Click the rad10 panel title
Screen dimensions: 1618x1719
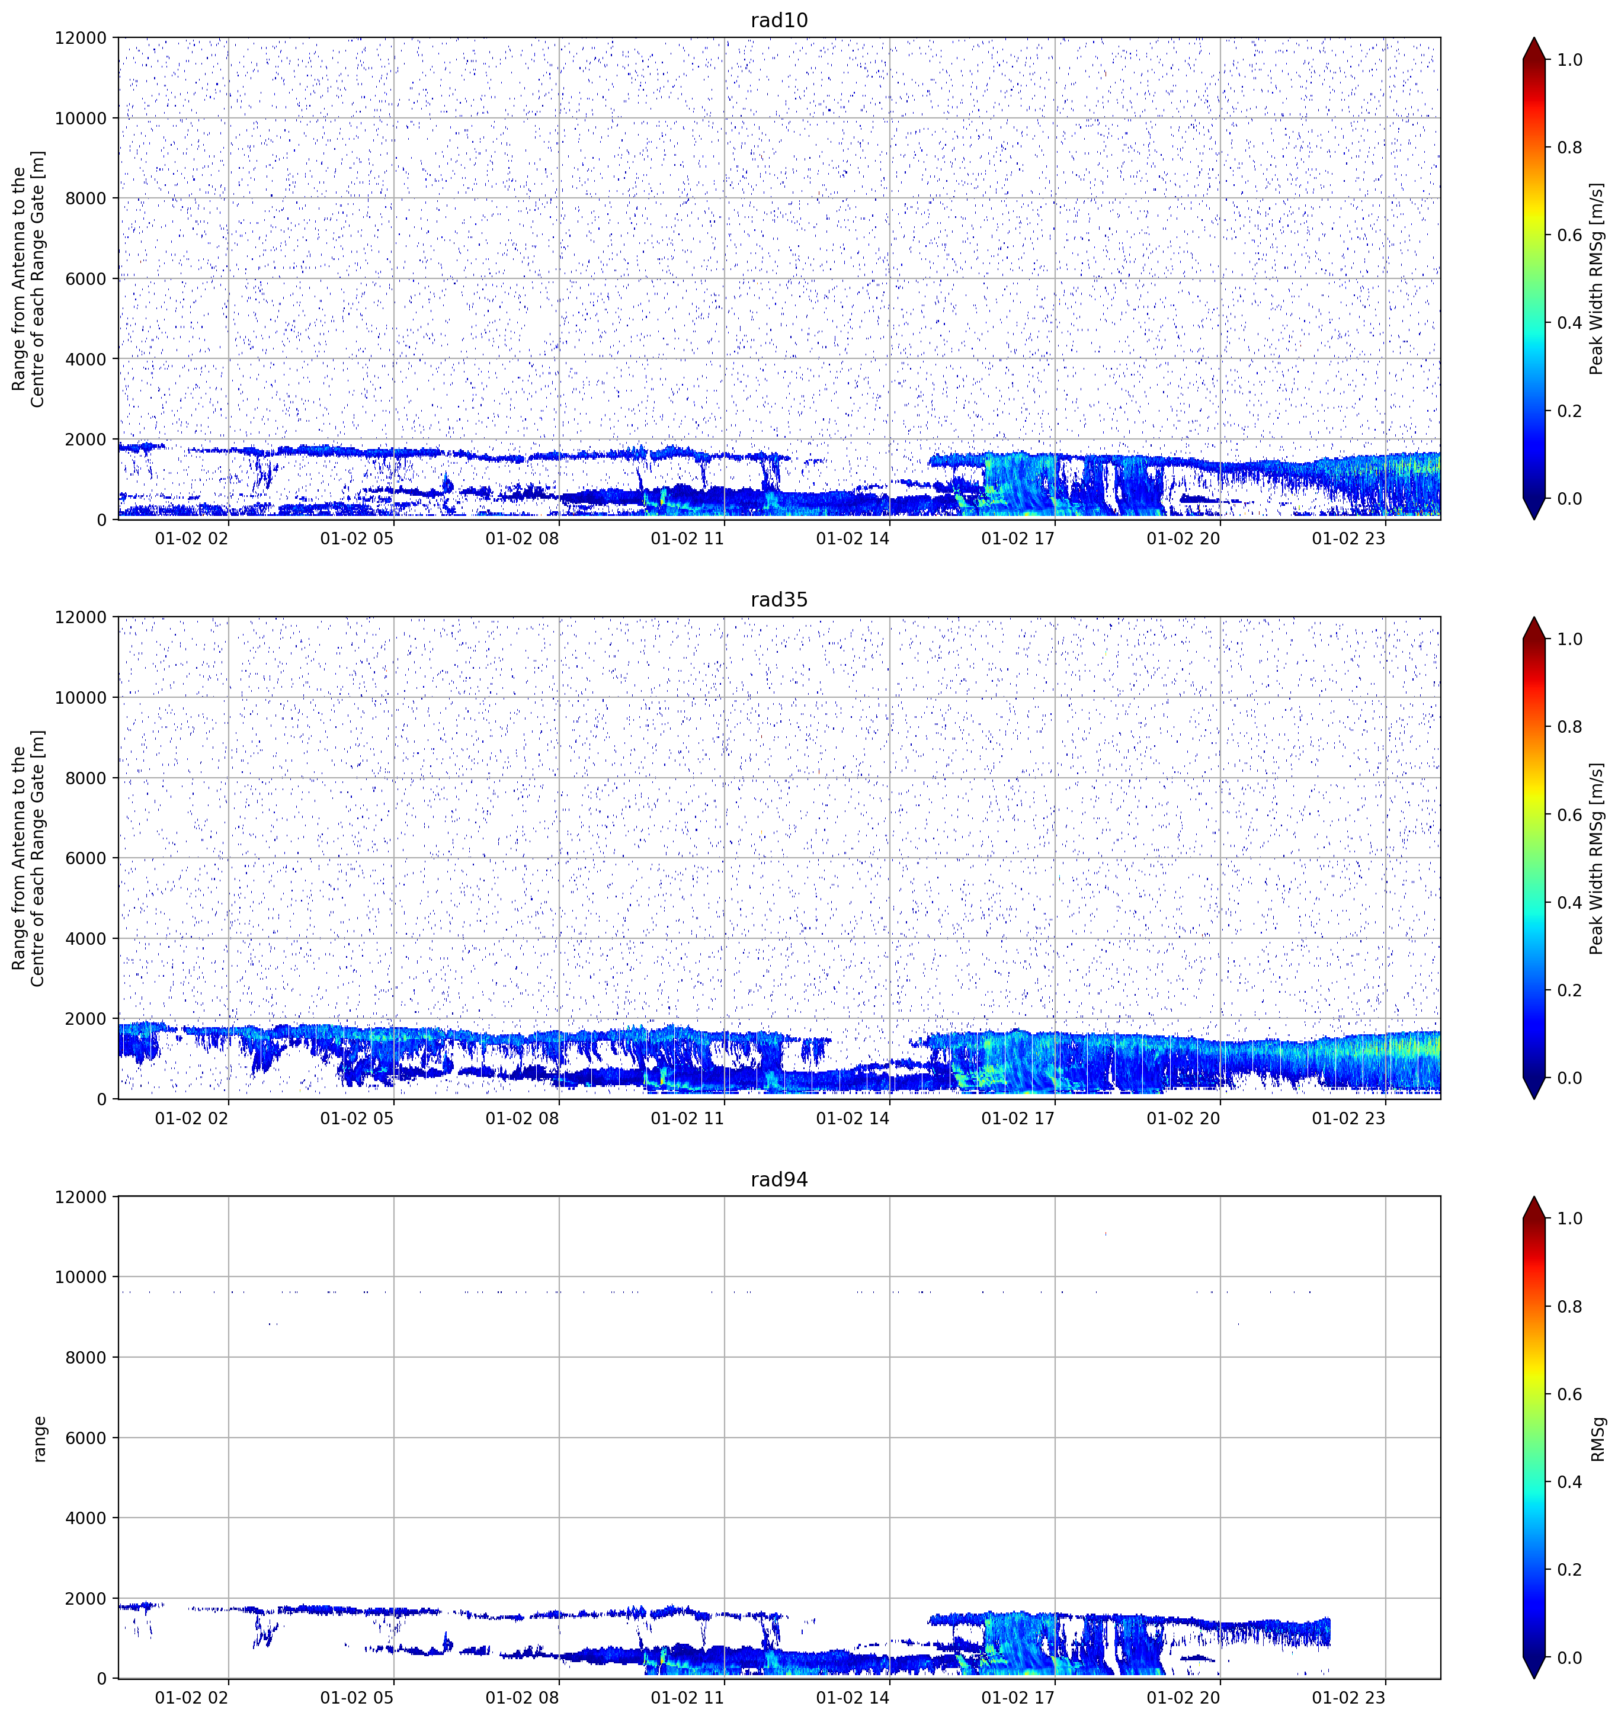click(779, 20)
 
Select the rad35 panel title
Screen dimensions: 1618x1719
click(779, 600)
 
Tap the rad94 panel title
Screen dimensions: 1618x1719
click(779, 1179)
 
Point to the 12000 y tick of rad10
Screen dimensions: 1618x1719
click(81, 38)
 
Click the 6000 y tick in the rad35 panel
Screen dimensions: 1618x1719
click(86, 858)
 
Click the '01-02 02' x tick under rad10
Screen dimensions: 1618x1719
click(192, 538)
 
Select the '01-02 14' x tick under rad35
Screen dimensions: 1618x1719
click(853, 1118)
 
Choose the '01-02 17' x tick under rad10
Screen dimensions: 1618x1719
click(1018, 538)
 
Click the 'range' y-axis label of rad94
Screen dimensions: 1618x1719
click(39, 1439)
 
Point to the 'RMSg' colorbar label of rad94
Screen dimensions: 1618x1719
click(1598, 1439)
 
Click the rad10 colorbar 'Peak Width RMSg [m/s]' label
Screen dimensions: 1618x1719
click(1597, 278)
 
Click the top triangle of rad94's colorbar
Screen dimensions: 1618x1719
click(1533, 1208)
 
